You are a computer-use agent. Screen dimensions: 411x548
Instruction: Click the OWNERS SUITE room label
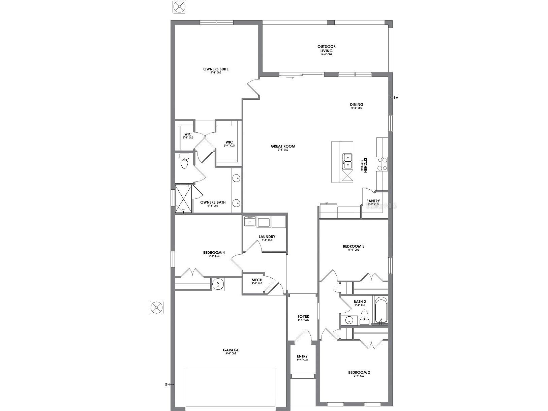[x=216, y=69]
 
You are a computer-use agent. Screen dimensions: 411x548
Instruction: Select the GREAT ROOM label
[x=283, y=147]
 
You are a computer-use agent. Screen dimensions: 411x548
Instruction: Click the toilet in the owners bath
[x=184, y=162]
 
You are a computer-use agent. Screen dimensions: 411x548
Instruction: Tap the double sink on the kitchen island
[x=347, y=161]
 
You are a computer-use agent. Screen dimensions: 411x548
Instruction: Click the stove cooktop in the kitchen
[x=382, y=164]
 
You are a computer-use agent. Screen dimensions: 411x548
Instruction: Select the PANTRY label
[x=373, y=201]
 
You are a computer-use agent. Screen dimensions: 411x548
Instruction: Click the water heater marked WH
[x=218, y=284]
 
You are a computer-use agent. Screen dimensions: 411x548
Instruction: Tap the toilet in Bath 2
[x=364, y=317]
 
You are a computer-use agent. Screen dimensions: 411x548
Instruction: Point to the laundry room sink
[x=250, y=222]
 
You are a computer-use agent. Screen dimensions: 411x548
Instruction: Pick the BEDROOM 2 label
[x=359, y=373]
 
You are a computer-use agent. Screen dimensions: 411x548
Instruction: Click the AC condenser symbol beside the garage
[x=157, y=308]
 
